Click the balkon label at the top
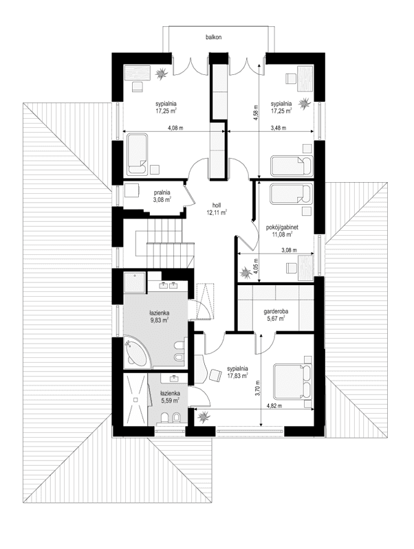click(x=213, y=37)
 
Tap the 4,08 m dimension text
click(x=175, y=128)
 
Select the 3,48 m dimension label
click(x=279, y=128)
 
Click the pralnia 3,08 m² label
click(x=162, y=196)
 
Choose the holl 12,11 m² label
click(x=217, y=209)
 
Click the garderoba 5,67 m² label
click(x=276, y=315)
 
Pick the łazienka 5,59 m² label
click(x=171, y=396)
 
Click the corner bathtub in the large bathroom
click(x=137, y=352)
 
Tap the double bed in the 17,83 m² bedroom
click(x=293, y=381)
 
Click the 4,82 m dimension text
click(x=274, y=406)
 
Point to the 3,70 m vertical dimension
click(x=258, y=388)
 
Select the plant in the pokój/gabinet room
click(x=245, y=273)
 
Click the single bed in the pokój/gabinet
click(x=291, y=194)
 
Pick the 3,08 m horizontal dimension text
click(x=289, y=250)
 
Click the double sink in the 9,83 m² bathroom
click(x=168, y=285)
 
